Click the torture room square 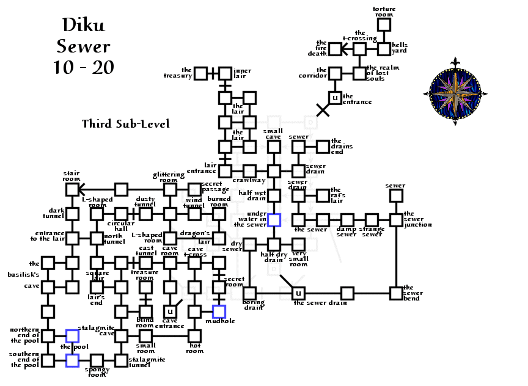click(383, 25)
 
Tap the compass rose click(455, 92)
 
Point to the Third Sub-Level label click(125, 124)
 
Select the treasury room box click(201, 73)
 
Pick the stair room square click(72, 189)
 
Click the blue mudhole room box click(219, 311)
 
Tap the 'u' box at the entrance click(334, 98)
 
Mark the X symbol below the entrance click(323, 110)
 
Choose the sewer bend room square click(396, 293)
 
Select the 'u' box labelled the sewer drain click(298, 293)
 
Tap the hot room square click(194, 336)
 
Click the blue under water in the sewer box click(274, 220)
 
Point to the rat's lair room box click(323, 195)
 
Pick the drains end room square click(323, 147)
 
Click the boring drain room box click(249, 293)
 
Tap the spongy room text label click(97, 372)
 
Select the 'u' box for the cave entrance click(170, 311)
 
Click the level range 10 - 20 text click(83, 67)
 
